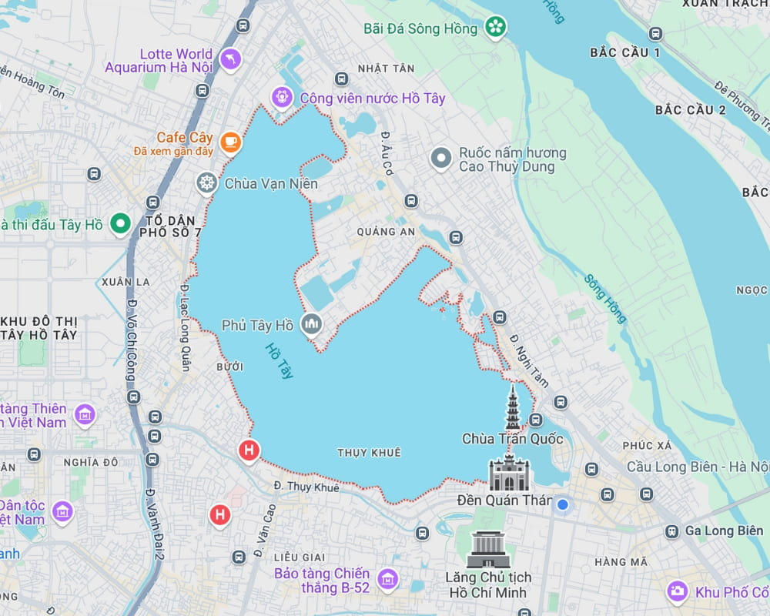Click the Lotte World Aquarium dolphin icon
click(x=230, y=59)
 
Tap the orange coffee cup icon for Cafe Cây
click(x=230, y=142)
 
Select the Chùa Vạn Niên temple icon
click(x=206, y=183)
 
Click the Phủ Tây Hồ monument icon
click(x=312, y=326)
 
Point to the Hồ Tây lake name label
click(x=279, y=360)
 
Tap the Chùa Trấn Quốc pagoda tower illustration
click(x=513, y=409)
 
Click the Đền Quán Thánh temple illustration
click(x=510, y=474)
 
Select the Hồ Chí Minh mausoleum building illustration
click(x=488, y=551)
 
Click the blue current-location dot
click(x=563, y=504)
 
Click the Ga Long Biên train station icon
click(x=672, y=531)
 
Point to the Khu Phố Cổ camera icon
click(x=678, y=591)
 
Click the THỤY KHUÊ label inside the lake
click(x=369, y=453)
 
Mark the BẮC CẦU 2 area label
click(x=690, y=109)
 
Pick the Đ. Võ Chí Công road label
click(x=130, y=339)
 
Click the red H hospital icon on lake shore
click(x=249, y=450)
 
